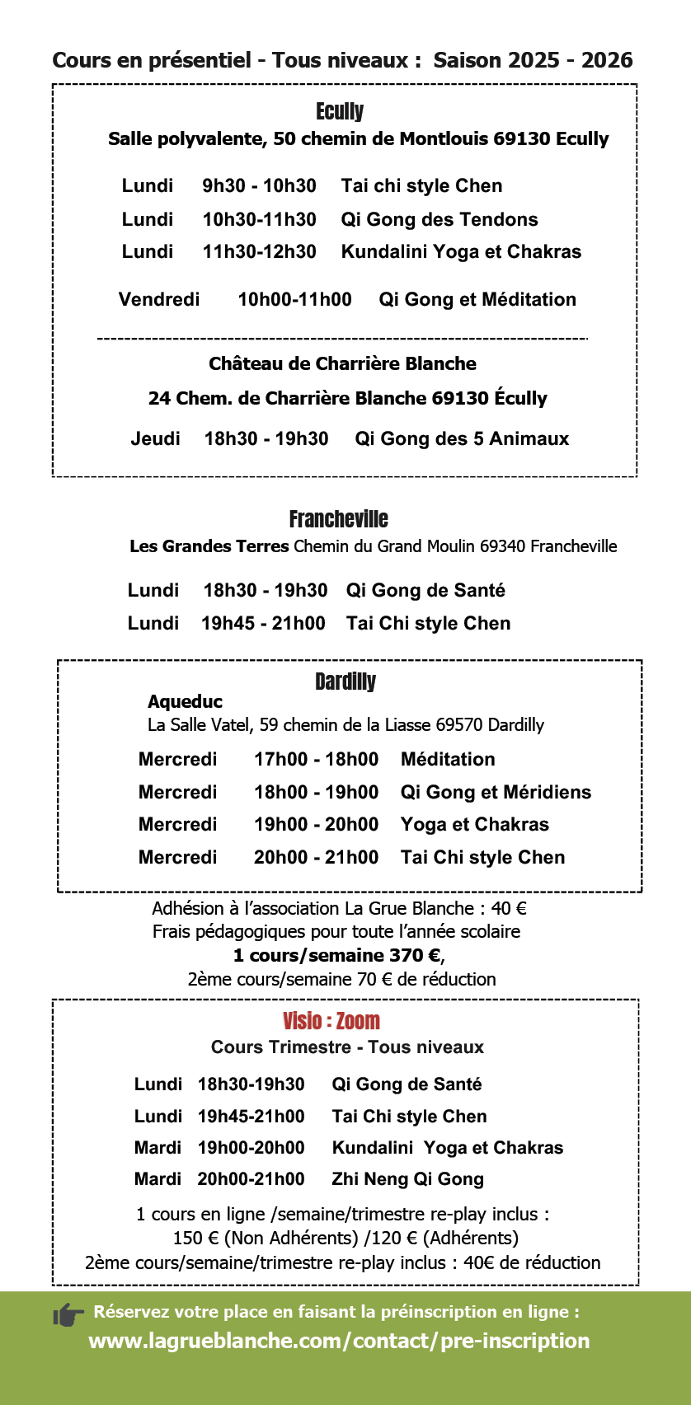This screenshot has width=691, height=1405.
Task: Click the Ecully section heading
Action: tap(340, 111)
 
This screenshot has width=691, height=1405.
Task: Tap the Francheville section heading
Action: tap(338, 519)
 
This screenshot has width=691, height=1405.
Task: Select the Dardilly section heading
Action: tap(345, 681)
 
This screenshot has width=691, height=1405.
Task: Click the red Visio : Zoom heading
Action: tap(331, 1021)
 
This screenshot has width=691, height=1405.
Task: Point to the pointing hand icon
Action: tap(68, 1314)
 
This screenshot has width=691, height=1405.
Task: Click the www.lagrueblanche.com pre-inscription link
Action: tap(339, 1341)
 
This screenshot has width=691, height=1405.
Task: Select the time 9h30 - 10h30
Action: tap(259, 186)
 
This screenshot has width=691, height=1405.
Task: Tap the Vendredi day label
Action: tap(159, 300)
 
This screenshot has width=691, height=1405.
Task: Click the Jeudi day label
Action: tap(155, 439)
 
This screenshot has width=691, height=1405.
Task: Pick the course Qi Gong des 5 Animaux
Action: tap(462, 439)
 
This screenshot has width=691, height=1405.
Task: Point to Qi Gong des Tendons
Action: tap(440, 220)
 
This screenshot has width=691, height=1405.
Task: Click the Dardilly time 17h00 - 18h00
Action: tap(316, 760)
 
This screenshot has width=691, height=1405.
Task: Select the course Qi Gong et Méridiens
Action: tap(496, 793)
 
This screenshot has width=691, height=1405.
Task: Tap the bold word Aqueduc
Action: tap(185, 702)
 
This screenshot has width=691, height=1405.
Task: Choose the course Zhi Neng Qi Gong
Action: tap(407, 1179)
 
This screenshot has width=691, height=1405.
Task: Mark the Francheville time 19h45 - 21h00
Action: tap(263, 624)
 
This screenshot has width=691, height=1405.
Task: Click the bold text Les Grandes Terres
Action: tap(209, 546)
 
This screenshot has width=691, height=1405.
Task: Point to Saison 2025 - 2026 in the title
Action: tap(533, 60)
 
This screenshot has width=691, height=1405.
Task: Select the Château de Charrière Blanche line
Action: tap(342, 364)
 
